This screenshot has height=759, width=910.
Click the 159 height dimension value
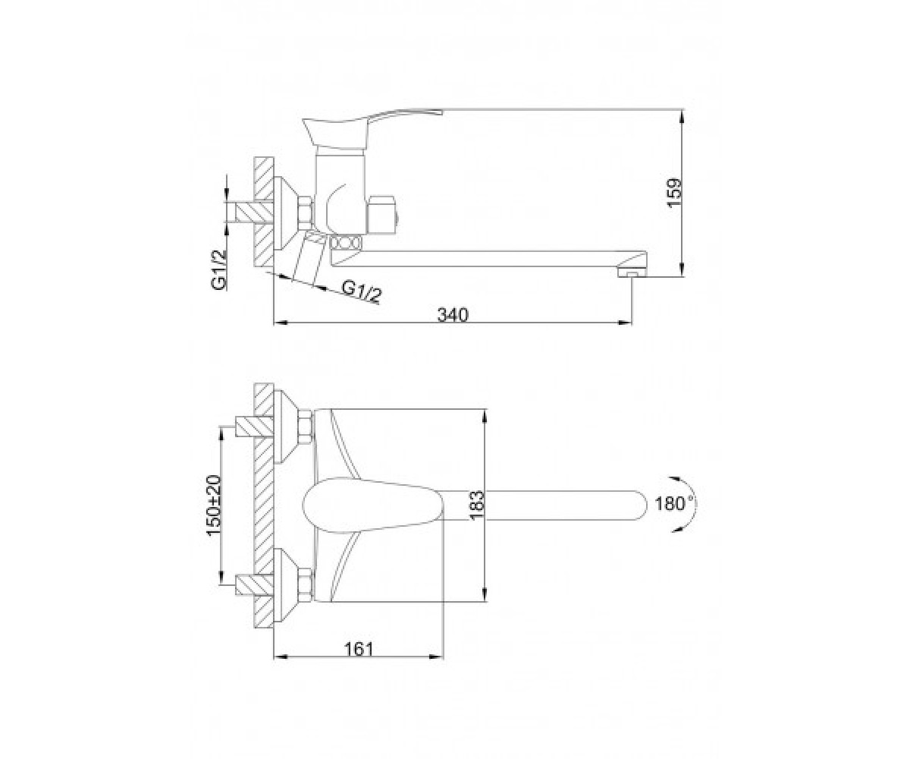(x=674, y=194)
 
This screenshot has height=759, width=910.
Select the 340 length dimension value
(x=453, y=315)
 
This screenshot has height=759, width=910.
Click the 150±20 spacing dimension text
(x=215, y=506)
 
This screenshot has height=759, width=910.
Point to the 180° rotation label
(x=675, y=504)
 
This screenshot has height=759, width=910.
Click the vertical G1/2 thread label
(x=218, y=269)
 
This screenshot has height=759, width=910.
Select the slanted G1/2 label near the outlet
(x=361, y=291)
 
